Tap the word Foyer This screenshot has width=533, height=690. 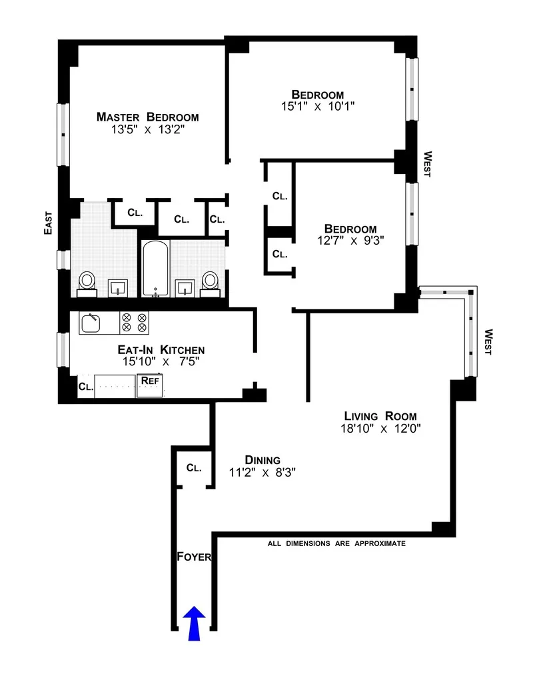click(x=195, y=556)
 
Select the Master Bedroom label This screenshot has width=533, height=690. click(x=147, y=117)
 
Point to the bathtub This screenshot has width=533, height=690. click(x=155, y=269)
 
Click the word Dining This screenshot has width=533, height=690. click(x=262, y=460)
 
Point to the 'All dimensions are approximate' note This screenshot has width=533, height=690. click(x=336, y=543)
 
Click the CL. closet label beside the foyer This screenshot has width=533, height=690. click(x=194, y=468)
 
